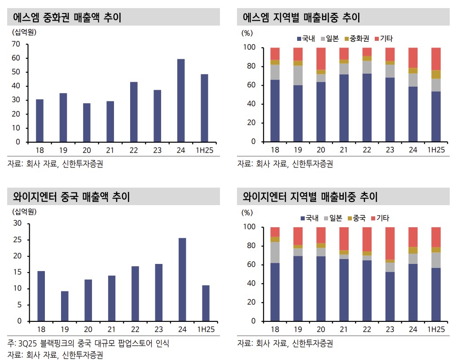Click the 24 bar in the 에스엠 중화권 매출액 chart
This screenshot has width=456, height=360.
181,101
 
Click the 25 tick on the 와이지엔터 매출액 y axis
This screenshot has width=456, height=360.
17,240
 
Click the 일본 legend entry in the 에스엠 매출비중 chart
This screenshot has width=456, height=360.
332,39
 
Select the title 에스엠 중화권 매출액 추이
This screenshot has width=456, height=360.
68,18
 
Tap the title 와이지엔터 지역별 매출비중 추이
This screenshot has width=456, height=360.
310,197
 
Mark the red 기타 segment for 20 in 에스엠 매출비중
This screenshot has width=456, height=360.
321,58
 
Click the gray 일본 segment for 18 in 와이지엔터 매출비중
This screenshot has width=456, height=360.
275,252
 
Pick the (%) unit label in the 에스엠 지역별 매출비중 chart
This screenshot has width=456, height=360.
247,33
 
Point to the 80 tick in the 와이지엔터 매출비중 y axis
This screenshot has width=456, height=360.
249,246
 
